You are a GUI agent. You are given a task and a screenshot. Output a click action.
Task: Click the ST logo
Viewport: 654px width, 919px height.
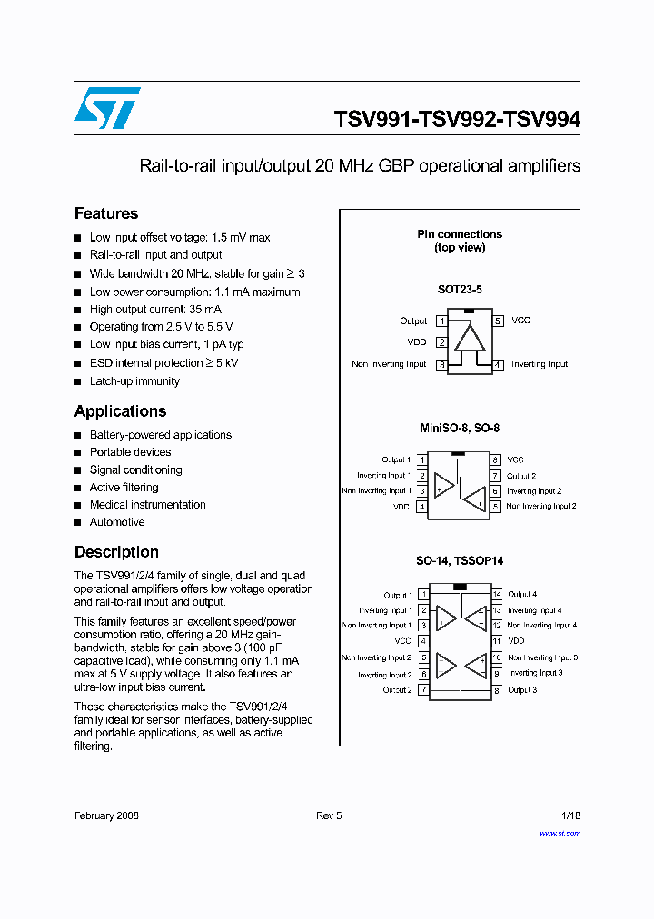(107, 108)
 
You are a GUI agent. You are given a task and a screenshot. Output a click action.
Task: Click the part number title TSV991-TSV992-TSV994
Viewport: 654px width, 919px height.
(457, 119)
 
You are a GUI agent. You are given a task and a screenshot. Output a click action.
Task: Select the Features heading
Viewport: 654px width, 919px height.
(106, 213)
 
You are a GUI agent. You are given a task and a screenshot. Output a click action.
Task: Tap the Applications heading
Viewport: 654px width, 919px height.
(120, 411)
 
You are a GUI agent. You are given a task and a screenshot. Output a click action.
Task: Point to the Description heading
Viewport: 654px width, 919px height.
(116, 552)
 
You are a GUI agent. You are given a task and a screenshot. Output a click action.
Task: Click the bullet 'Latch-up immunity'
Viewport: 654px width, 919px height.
(134, 381)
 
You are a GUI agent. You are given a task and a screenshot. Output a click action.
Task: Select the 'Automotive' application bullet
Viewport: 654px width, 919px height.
(117, 522)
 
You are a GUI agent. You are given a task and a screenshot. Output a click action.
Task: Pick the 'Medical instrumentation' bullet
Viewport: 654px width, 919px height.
(147, 505)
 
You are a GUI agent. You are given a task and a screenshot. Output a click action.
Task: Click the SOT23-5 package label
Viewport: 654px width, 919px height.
(460, 290)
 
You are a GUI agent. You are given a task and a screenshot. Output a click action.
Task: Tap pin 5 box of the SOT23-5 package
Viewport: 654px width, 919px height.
(498, 321)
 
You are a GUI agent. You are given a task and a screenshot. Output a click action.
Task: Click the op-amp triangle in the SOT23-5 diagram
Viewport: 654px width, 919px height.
(470, 338)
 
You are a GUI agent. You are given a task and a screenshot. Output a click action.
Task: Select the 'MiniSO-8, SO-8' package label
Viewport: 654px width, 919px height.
(459, 428)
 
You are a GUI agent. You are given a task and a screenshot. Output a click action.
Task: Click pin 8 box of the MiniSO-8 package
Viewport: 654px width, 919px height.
(496, 460)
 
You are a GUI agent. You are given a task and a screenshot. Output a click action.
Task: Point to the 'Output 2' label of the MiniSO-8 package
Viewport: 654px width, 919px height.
(521, 476)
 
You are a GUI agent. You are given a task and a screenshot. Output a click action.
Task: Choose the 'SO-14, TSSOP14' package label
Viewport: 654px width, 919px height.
(459, 562)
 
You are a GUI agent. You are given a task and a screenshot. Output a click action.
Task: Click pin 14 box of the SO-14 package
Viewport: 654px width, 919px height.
(497, 594)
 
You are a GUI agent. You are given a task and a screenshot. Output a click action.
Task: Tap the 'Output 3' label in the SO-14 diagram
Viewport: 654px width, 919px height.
(522, 690)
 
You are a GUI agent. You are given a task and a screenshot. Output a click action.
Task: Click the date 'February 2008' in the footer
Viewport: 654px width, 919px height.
(106, 815)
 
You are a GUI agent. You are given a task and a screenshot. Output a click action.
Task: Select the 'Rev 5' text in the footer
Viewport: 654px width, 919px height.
(329, 815)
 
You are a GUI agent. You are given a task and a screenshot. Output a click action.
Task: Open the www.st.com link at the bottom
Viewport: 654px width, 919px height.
(560, 834)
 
